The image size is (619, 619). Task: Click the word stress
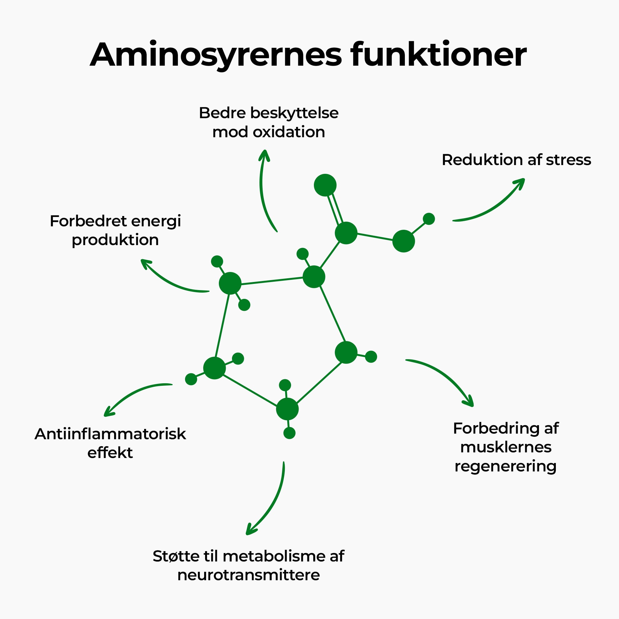(x=568, y=160)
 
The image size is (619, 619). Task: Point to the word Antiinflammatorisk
(x=110, y=434)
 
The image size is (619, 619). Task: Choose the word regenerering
(x=505, y=466)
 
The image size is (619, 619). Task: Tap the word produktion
(x=115, y=240)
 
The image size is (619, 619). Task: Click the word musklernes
(x=506, y=447)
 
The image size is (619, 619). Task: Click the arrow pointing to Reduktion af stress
(x=490, y=205)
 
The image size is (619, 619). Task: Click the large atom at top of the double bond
(x=325, y=185)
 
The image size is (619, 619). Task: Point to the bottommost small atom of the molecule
(x=289, y=433)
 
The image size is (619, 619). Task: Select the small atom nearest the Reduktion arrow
(x=429, y=219)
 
